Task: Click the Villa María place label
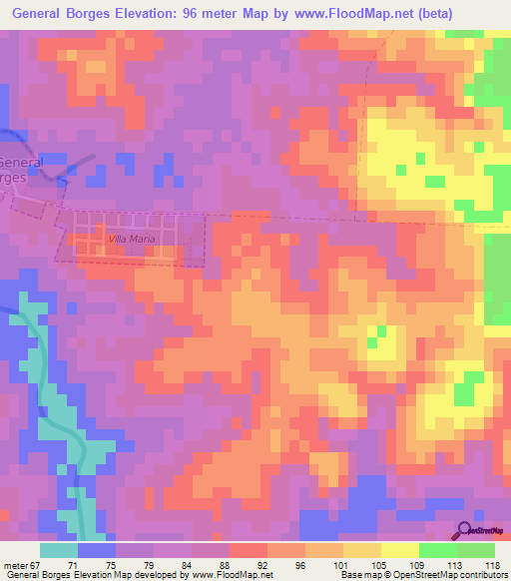click(x=127, y=241)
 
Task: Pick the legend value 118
click(x=491, y=564)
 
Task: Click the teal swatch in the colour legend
click(x=59, y=550)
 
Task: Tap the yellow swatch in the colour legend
click(x=399, y=550)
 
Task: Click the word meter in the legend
click(x=14, y=564)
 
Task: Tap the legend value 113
click(x=453, y=564)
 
